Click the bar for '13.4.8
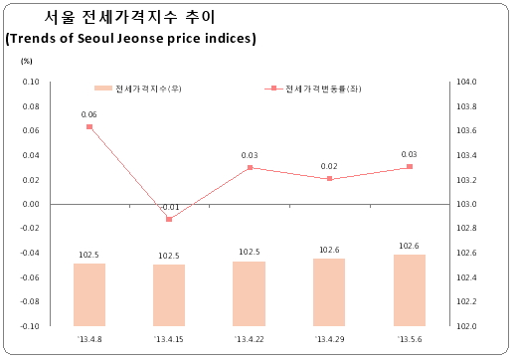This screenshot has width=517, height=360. pos(89,294)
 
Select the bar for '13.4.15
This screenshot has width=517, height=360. pos(169,295)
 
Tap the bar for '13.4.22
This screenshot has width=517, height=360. pos(249,293)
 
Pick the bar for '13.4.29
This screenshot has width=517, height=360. pos(329,292)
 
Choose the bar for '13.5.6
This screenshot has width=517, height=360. pos(410,290)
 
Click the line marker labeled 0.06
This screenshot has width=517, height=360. pos(89,126)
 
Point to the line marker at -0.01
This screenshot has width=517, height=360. pos(169,219)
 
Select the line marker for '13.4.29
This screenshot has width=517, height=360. pos(329,179)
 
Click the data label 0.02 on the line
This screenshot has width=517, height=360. pos(329,166)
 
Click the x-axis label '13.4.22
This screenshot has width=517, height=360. pos(249,340)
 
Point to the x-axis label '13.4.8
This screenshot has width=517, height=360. pos(89,340)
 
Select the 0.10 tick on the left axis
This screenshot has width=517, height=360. pos(31,82)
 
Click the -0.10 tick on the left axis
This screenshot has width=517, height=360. pos(30,326)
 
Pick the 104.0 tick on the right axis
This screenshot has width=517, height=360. pos(467,82)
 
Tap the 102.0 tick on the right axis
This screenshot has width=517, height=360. pos(467,326)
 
